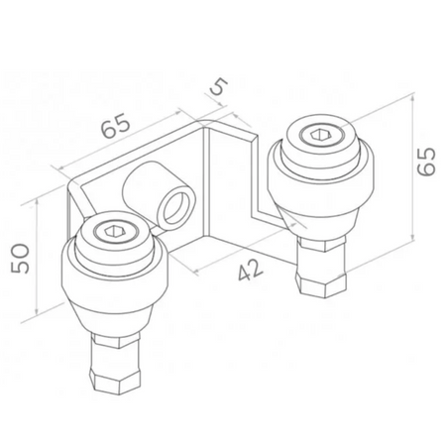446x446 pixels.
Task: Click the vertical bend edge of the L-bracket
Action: [x=205, y=183]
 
